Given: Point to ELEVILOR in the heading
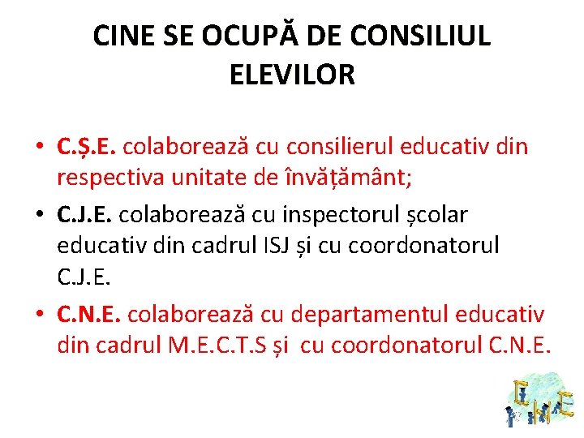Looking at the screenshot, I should tap(292, 75).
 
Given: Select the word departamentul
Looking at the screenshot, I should tap(370, 313).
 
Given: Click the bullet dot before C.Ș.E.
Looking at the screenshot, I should tap(38, 148).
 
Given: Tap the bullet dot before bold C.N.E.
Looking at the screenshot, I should tap(38, 314).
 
